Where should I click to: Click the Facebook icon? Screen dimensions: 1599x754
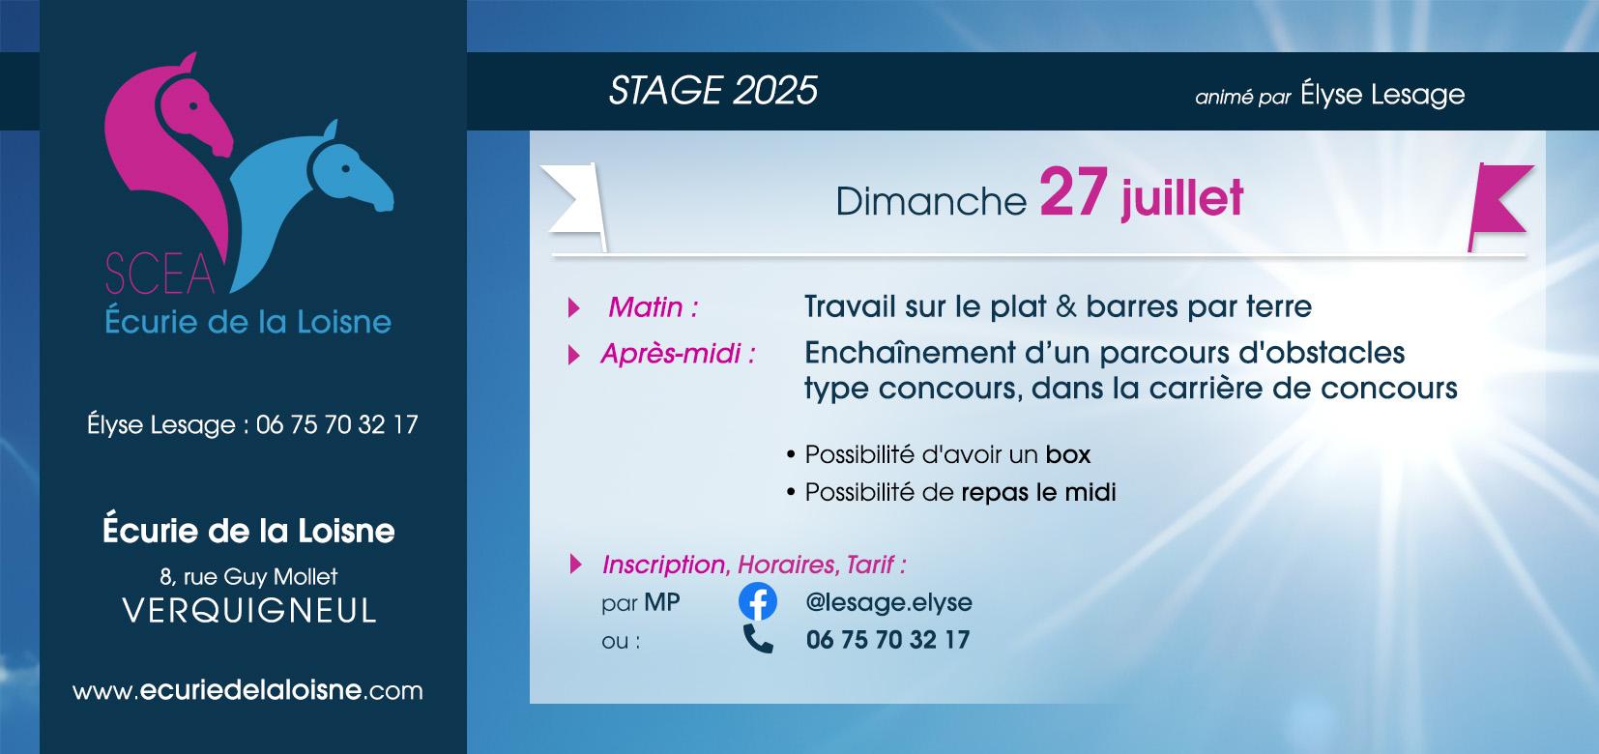pos(757,601)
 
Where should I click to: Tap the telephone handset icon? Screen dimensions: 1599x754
pos(758,639)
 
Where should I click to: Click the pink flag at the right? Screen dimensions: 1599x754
pos(1499,207)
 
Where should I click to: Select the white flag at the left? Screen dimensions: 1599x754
pos(574,207)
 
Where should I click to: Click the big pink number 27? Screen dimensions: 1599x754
pos(1073,192)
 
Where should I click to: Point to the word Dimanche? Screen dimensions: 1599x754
pos(931,201)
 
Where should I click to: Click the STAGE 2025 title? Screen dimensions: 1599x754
pos(712,91)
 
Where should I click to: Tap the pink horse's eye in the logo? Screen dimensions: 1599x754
pos(192,105)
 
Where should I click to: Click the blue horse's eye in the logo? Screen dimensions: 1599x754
pos(345,169)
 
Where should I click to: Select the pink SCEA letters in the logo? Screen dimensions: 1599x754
pos(160,274)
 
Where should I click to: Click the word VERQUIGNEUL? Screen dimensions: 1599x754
pos(249,611)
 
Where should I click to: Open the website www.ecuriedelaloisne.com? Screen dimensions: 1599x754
pos(247,690)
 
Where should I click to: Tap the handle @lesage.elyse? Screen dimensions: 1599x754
pos(888,602)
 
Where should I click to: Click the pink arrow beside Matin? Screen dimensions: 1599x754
pos(573,307)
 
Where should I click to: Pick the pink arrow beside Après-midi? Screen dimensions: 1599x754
pos(573,355)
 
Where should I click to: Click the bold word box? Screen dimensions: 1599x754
pos(1068,455)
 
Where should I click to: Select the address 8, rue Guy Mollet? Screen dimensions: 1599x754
pos(248,577)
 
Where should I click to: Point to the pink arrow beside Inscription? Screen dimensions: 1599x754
pos(575,565)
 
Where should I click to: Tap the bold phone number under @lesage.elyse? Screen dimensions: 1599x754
pos(888,640)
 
